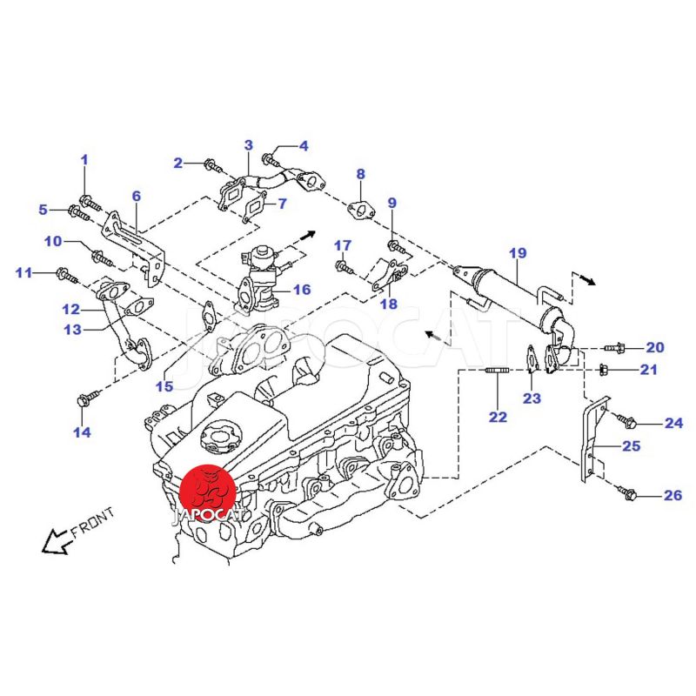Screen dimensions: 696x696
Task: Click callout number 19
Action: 518,253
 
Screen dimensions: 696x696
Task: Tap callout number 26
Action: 673,496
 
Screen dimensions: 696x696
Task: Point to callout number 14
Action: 82,432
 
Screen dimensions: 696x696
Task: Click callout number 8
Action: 361,174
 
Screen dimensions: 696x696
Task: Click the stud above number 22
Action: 495,373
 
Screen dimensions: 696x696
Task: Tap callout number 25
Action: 631,446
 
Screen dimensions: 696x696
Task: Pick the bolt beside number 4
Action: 271,161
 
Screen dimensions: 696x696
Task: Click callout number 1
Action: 84,159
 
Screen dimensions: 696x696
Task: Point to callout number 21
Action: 649,370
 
